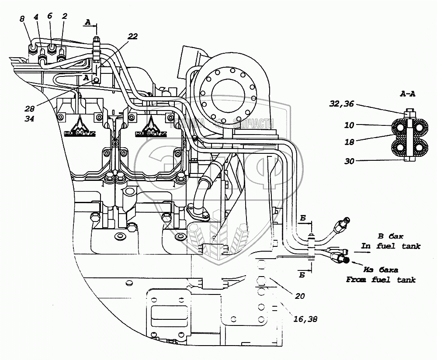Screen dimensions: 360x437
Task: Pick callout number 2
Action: tap(64, 16)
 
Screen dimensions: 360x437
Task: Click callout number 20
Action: tap(299, 296)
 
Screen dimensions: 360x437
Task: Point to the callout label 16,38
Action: tap(305, 319)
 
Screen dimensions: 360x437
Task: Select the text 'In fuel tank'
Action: tap(391, 246)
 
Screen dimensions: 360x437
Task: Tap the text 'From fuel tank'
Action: tap(381, 280)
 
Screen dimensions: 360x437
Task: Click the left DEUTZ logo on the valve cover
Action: tap(81, 129)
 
